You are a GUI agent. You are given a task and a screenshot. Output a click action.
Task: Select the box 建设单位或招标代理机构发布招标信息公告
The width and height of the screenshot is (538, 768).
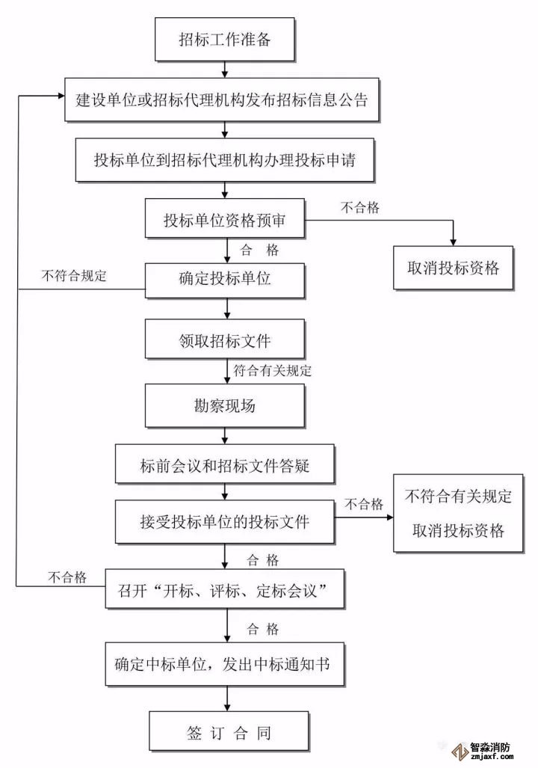[x=222, y=99]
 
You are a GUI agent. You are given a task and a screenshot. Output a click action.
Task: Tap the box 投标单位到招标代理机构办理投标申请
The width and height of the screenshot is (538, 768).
[x=225, y=159]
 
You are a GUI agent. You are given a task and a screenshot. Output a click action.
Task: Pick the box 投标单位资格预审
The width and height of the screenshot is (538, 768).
[x=224, y=220]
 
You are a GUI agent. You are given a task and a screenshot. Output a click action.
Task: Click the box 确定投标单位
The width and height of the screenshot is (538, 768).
[x=224, y=280]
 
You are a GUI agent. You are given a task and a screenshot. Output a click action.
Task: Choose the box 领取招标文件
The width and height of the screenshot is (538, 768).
[x=224, y=341]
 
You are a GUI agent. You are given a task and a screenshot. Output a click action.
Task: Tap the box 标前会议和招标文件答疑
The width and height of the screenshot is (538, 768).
[x=224, y=467]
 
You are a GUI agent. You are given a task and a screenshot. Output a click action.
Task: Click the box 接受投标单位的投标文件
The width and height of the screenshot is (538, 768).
[x=224, y=522]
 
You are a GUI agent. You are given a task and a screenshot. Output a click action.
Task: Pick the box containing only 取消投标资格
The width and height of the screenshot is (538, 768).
[x=453, y=268]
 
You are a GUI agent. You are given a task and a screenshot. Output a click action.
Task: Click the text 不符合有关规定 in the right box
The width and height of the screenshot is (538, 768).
[x=458, y=497]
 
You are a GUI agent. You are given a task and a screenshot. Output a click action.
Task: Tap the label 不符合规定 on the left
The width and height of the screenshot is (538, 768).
[x=75, y=275]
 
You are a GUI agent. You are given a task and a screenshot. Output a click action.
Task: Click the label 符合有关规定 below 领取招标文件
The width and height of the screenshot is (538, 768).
[x=272, y=369]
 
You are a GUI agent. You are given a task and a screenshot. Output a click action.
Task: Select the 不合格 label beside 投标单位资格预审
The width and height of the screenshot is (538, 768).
[x=360, y=209]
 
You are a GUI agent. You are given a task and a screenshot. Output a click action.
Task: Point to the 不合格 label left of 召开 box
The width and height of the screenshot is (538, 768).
[x=67, y=577]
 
